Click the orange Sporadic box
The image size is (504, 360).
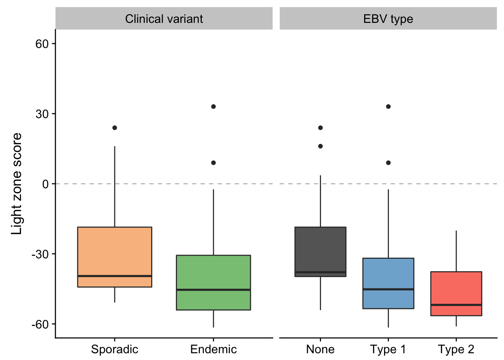114,257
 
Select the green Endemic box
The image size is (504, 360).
213,283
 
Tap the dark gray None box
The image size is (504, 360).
320,252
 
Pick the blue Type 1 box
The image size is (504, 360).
388,283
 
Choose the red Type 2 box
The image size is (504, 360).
456,294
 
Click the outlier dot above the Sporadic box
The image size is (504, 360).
114,128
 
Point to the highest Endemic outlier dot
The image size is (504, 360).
213,106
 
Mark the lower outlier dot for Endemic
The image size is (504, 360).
213,163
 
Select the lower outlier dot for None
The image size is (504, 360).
320,146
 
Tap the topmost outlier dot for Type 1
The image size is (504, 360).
388,106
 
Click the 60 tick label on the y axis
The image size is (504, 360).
42,43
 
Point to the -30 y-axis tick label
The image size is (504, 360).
40,254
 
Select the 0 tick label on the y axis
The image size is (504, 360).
46,184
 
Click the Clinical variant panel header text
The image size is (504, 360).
164,19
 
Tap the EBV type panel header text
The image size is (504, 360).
388,19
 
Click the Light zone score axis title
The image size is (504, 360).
16,184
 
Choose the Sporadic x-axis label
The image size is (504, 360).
114,349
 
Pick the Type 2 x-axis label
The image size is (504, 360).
456,349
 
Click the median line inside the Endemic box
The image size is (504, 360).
213,290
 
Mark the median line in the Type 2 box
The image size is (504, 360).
456,305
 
